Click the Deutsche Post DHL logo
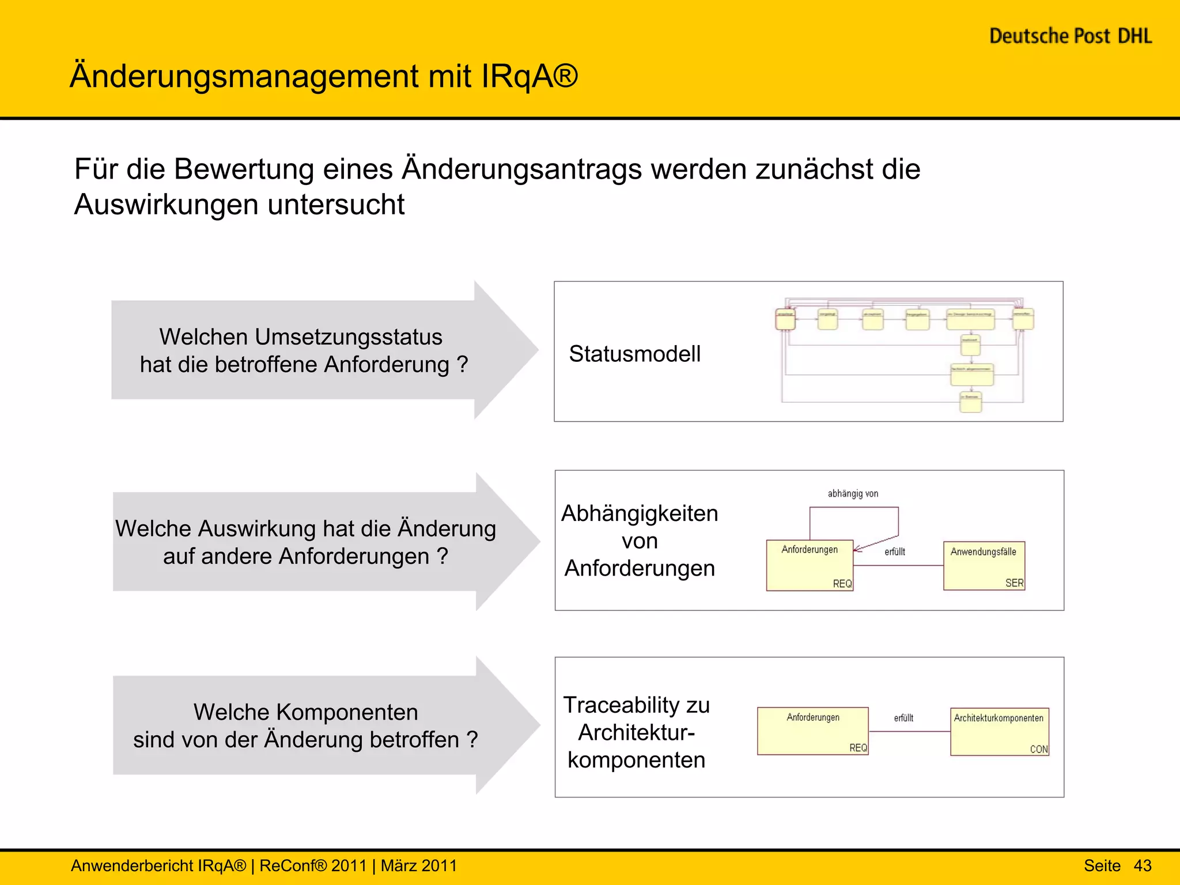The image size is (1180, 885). coord(1071,36)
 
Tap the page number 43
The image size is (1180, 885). coord(1142,865)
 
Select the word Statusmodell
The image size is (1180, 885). coord(634,354)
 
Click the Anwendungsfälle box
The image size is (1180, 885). coord(984,565)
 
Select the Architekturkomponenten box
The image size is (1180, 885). coord(999,731)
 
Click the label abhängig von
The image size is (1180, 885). coord(853,494)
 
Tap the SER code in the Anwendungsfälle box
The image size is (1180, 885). coord(1014,583)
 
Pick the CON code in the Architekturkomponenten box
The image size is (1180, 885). coord(1039,749)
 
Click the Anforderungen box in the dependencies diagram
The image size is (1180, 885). coord(810,565)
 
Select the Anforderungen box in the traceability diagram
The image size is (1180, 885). coord(812,731)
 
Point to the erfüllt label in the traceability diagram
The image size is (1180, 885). coord(903,718)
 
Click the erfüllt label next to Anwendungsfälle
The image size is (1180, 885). coord(895,552)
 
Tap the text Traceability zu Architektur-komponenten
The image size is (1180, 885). coord(637,732)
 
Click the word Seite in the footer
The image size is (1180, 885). coord(1102,865)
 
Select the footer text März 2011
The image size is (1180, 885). coord(419,865)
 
